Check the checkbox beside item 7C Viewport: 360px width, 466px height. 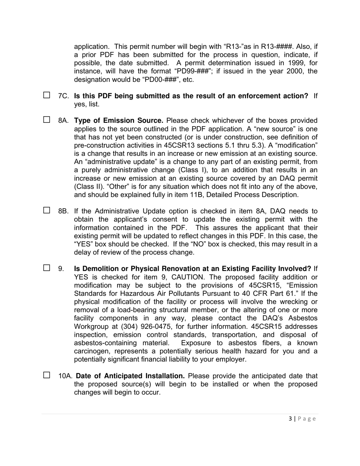pos(47,95)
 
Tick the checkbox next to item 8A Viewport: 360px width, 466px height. pos(47,120)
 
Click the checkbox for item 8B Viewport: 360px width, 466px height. pos(47,211)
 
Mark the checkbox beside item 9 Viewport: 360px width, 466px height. pos(47,268)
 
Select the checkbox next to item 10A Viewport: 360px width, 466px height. pos(47,375)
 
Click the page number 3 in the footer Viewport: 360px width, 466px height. pos(290,419)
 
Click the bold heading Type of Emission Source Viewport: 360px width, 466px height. pos(119,120)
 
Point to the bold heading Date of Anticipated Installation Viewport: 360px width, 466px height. pos(130,376)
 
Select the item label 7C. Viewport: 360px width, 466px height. pos(63,96)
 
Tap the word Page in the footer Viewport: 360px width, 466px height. pos(307,419)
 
